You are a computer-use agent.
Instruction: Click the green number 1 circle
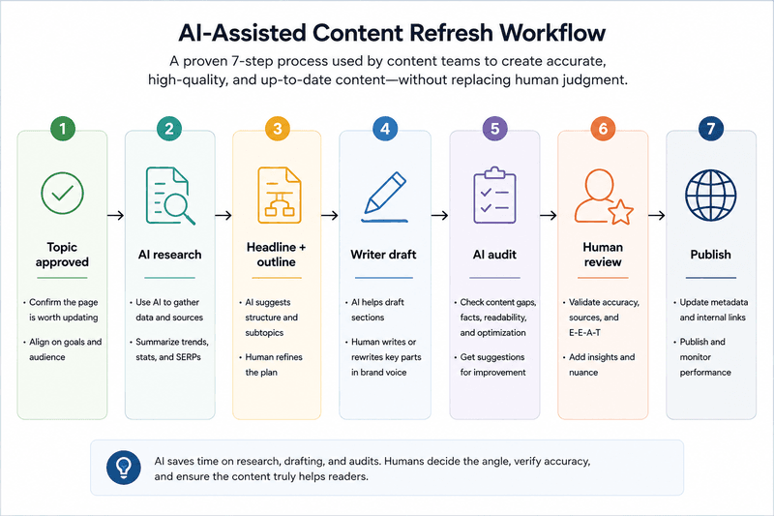coord(63,129)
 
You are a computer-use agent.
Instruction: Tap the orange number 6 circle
coord(603,129)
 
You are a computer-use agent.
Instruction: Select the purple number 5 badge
coord(494,129)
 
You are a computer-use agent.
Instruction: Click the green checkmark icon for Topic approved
coord(62,193)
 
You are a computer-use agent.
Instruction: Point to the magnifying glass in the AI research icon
coord(177,207)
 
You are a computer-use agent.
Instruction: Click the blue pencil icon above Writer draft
coord(385,197)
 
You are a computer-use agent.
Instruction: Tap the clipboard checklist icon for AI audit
coord(494,195)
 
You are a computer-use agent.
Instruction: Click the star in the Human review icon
coord(620,212)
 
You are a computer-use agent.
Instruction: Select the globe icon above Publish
coord(711,195)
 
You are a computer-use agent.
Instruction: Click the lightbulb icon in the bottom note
coord(124,468)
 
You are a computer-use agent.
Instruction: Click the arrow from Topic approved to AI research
coord(115,215)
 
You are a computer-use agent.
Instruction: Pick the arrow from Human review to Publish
coord(657,215)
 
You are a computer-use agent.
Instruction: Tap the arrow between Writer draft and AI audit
coord(440,215)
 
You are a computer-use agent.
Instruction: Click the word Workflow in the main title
coord(552,33)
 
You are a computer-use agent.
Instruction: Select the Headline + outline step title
coord(277,255)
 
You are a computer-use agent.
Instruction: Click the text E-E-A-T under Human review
coord(585,333)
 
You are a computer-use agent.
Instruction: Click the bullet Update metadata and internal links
coord(710,310)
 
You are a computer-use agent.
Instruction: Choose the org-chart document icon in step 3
coord(280,195)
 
